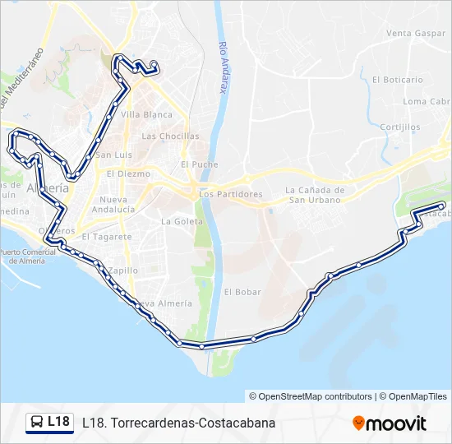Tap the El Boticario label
[x=397, y=80]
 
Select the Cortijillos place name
[x=401, y=127]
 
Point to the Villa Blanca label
[x=147, y=115]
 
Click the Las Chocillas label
[x=170, y=136]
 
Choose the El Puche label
[x=200, y=164]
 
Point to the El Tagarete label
[x=107, y=237]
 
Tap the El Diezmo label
[x=128, y=174]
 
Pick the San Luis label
[x=113, y=155]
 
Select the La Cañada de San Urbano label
[x=315, y=195]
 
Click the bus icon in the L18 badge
[x=37, y=423]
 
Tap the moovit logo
[x=390, y=423]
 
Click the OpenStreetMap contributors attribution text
[x=311, y=396]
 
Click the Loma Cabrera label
[x=426, y=102]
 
